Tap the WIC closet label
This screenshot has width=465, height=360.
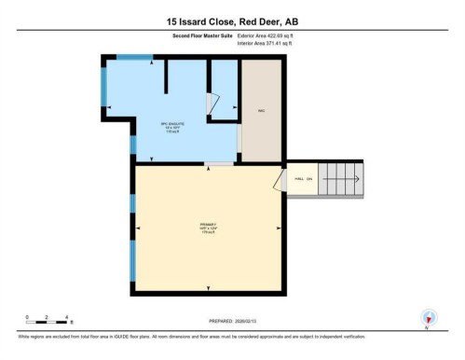click(262, 110)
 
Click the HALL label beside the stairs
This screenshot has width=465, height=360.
click(298, 177)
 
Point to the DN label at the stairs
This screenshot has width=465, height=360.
click(309, 177)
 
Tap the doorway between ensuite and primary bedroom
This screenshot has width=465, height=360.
click(219, 164)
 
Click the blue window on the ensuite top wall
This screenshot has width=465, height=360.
click(134, 58)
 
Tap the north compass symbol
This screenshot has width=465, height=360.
click(428, 317)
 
